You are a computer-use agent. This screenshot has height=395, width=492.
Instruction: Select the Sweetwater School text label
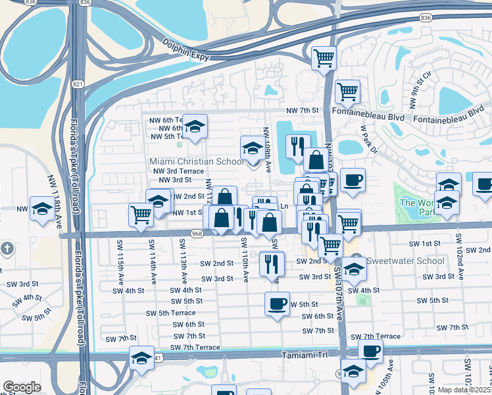(397, 260)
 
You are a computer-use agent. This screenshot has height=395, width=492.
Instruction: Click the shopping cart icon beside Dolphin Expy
(324, 58)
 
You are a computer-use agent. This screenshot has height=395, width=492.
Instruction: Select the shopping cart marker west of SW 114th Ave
(141, 214)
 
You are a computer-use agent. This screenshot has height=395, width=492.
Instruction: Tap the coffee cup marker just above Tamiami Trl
(370, 351)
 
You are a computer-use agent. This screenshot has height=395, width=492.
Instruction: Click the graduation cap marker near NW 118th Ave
(42, 209)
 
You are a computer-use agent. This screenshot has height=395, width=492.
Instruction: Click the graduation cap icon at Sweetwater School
(354, 269)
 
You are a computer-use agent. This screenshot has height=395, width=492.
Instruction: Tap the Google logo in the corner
(21, 387)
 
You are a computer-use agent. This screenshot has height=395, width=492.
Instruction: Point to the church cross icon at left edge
(7, 248)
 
